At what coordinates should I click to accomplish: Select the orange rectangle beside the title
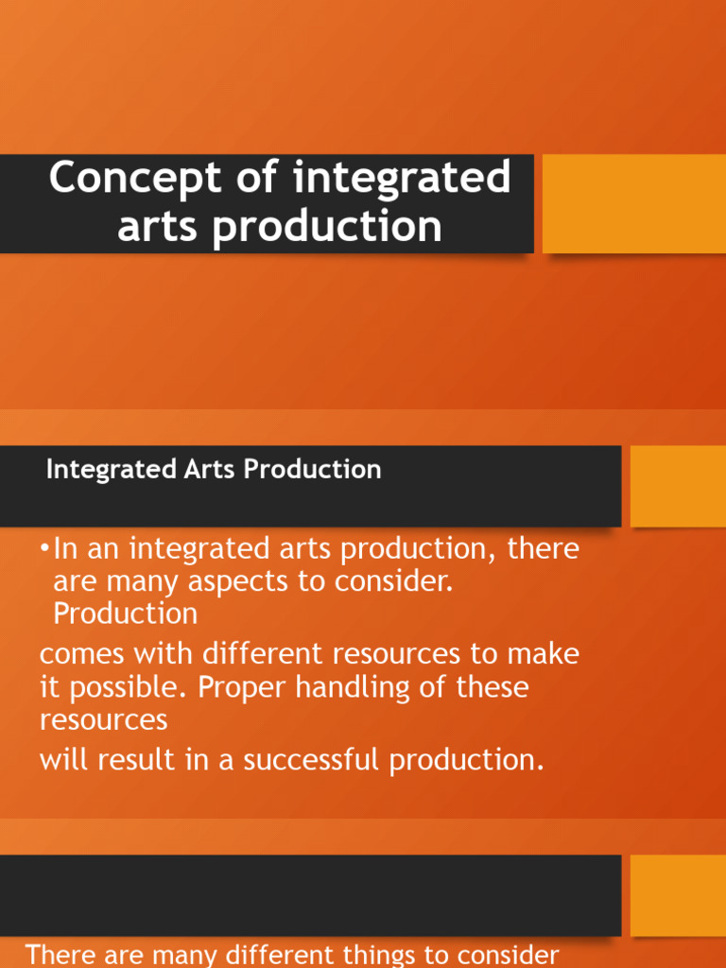(x=633, y=204)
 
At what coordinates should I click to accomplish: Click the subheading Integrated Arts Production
(x=214, y=470)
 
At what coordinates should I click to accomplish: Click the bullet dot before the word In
(x=45, y=549)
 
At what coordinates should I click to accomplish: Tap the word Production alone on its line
(x=126, y=614)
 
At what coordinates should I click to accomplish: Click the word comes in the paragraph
(x=86, y=654)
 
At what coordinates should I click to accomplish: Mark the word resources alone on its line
(x=103, y=720)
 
